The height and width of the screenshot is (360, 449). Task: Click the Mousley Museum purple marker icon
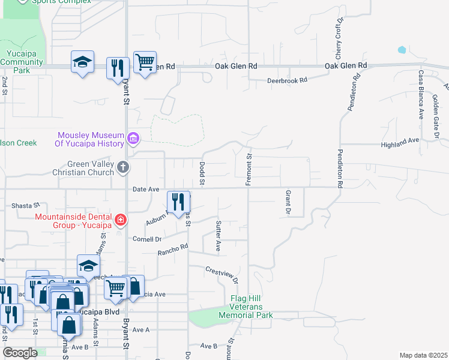(133, 139)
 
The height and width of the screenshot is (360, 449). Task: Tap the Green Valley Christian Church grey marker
(123, 167)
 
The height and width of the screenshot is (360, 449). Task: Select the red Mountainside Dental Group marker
(121, 220)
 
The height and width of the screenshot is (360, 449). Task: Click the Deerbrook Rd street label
(287, 80)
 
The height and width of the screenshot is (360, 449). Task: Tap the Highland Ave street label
(400, 145)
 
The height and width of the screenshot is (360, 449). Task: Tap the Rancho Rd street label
(173, 250)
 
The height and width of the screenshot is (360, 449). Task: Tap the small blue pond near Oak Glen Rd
(402, 49)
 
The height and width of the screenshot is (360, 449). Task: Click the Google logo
(20, 353)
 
